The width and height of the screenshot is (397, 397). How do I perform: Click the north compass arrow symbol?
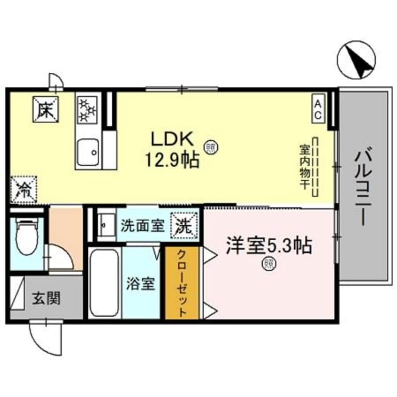(356, 60)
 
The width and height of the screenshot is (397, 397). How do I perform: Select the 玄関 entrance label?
(46, 298)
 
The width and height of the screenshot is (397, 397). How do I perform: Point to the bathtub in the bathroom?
(104, 282)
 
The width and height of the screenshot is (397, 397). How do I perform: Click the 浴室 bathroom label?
(141, 284)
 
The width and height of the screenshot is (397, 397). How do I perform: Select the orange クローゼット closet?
(182, 283)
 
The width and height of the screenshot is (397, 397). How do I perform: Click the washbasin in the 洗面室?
(105, 224)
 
